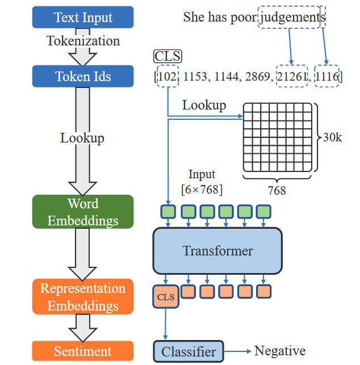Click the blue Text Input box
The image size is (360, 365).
tap(83, 17)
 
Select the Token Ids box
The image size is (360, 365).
tap(83, 76)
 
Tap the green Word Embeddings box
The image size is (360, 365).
tap(83, 212)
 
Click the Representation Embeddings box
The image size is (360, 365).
tap(83, 296)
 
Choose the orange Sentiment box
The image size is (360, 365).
tap(83, 351)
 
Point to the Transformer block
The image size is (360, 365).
tap(217, 251)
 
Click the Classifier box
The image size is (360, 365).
tap(189, 351)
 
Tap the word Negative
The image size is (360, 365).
tap(280, 351)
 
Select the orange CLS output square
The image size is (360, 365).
tap(166, 297)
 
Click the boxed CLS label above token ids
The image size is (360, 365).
tap(168, 56)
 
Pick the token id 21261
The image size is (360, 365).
tap(292, 77)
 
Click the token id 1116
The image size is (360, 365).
tap(326, 77)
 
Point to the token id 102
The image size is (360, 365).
tap(168, 77)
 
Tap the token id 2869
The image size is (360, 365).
tap(258, 77)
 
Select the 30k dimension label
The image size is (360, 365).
tap(333, 137)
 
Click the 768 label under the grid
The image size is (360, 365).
tap(277, 190)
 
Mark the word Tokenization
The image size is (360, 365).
tap(83, 41)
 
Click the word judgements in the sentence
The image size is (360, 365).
tap(292, 18)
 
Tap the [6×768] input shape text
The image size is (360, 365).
tap(202, 190)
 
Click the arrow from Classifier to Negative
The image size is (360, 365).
tap(237, 351)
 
